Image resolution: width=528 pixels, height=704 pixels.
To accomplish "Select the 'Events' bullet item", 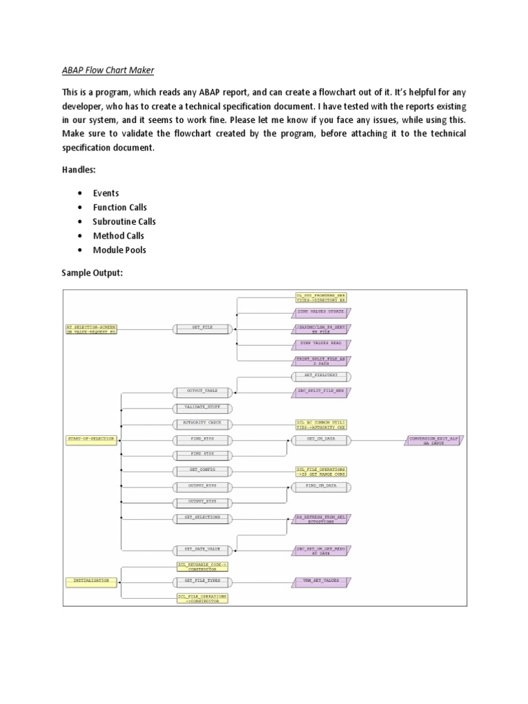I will tap(106, 193).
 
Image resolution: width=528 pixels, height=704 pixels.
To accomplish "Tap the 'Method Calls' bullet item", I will tap(118, 236).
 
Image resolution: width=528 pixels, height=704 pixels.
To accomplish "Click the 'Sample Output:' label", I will tap(92, 273).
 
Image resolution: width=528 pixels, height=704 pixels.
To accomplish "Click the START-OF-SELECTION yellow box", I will tap(91, 439).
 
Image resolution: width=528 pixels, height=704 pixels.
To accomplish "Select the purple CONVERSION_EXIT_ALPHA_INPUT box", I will tap(433, 439).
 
